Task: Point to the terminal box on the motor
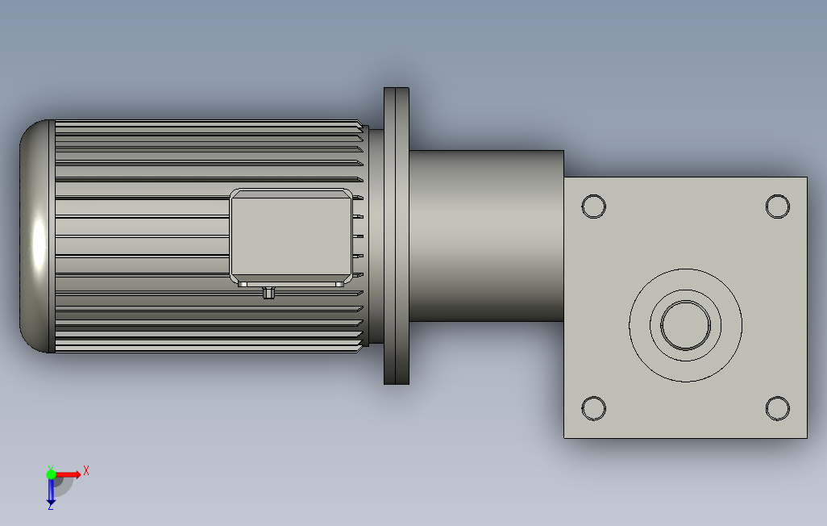pyautogui.click(x=291, y=236)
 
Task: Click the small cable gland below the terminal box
pyautogui.click(x=268, y=293)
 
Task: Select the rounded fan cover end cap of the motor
pyautogui.click(x=35, y=236)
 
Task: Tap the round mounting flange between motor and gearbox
pyautogui.click(x=397, y=236)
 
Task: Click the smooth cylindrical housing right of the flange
pyautogui.click(x=486, y=236)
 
